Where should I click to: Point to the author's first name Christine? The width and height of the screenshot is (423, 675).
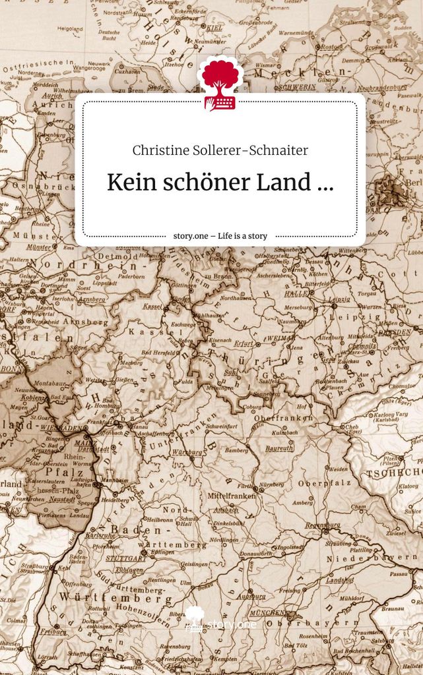[161, 150]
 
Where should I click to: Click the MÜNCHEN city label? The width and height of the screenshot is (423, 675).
[267, 612]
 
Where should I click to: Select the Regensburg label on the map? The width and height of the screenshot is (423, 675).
[323, 525]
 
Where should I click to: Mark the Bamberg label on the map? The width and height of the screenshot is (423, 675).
[236, 450]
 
